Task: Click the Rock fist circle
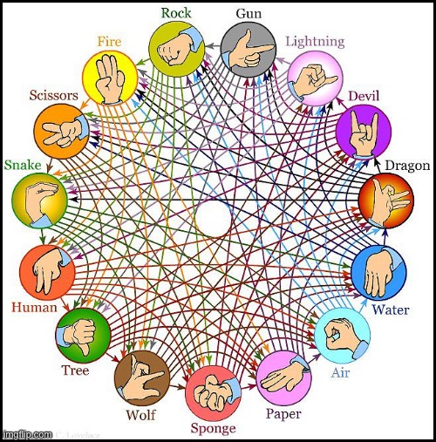click(x=176, y=49)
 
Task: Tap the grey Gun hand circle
click(x=248, y=50)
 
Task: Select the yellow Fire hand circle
click(x=110, y=78)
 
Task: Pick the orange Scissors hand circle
click(x=62, y=131)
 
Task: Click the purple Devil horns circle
click(x=364, y=132)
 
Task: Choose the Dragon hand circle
click(x=386, y=201)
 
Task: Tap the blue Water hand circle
click(x=378, y=272)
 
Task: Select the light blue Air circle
click(x=342, y=336)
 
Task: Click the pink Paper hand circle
click(x=284, y=377)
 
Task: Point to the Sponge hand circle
click(x=213, y=393)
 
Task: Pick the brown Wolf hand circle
click(x=142, y=377)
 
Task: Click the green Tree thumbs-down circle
click(x=83, y=336)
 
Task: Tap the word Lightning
click(x=315, y=42)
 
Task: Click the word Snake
click(x=23, y=165)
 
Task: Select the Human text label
click(x=34, y=308)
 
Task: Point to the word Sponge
click(x=213, y=429)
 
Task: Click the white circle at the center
click(x=214, y=219)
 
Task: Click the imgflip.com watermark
click(x=27, y=434)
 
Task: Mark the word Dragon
click(x=407, y=166)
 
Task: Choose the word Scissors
click(x=54, y=95)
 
